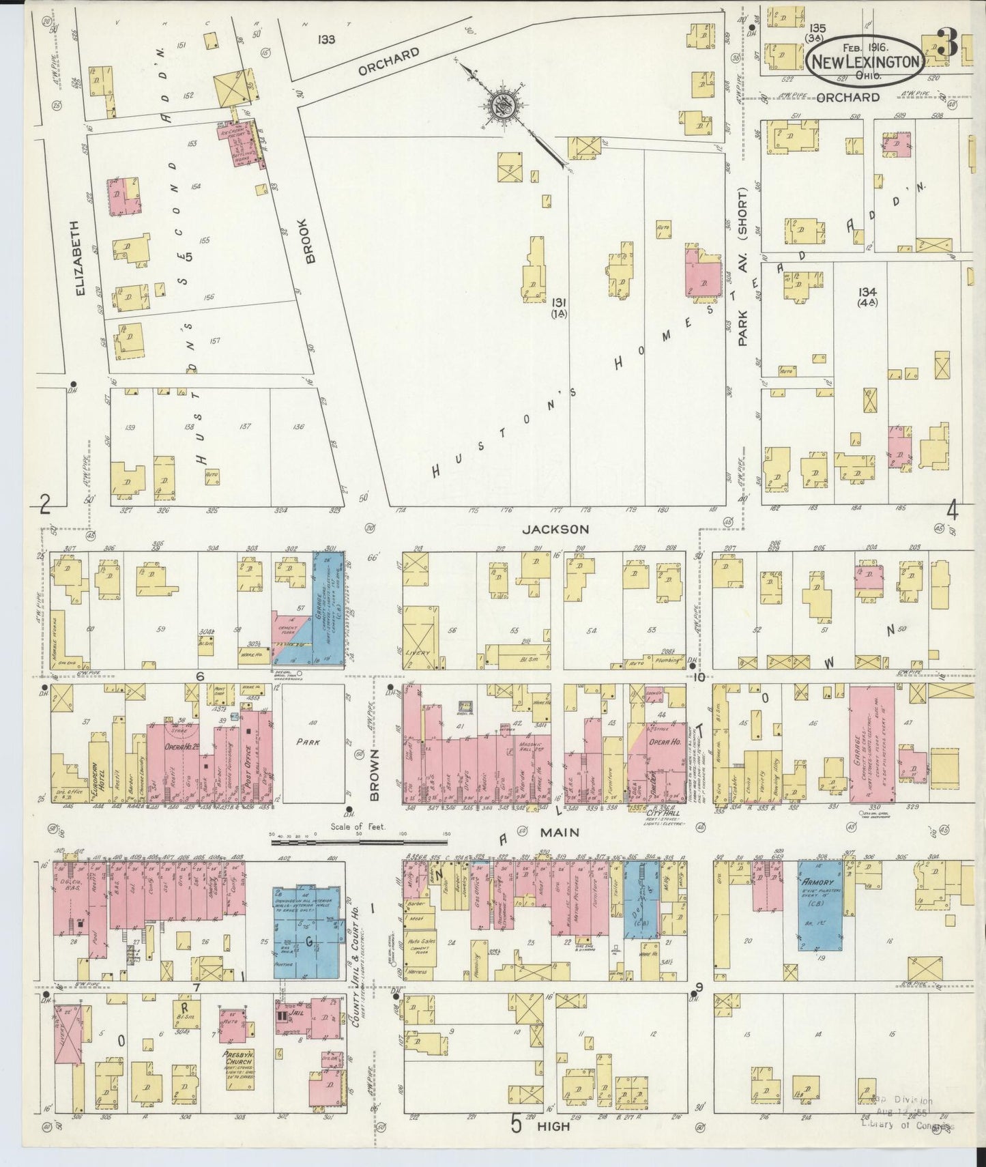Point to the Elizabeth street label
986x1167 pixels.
[x=81, y=257]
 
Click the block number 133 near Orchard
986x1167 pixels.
[x=326, y=40]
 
